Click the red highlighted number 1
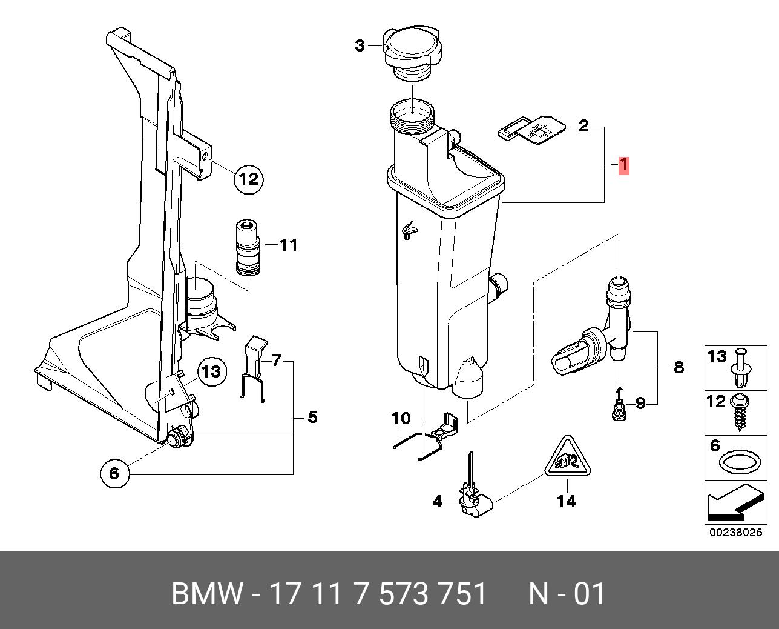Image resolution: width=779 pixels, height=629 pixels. click(x=623, y=165)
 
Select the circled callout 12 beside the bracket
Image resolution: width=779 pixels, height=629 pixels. click(x=249, y=179)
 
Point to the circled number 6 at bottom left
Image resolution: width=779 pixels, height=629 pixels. click(x=114, y=473)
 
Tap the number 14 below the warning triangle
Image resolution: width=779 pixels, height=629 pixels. click(x=567, y=501)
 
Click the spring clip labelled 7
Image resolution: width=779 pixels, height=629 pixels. click(x=255, y=370)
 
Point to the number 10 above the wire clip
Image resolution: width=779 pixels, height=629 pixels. click(x=401, y=418)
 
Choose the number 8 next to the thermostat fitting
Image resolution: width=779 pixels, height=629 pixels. click(x=679, y=367)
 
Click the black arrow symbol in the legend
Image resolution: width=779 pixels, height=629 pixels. click(x=733, y=505)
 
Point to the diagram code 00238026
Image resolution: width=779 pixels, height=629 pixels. click(x=735, y=533)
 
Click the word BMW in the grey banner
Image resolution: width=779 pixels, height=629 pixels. click(x=208, y=594)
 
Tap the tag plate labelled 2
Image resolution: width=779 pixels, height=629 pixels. click(x=533, y=130)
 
